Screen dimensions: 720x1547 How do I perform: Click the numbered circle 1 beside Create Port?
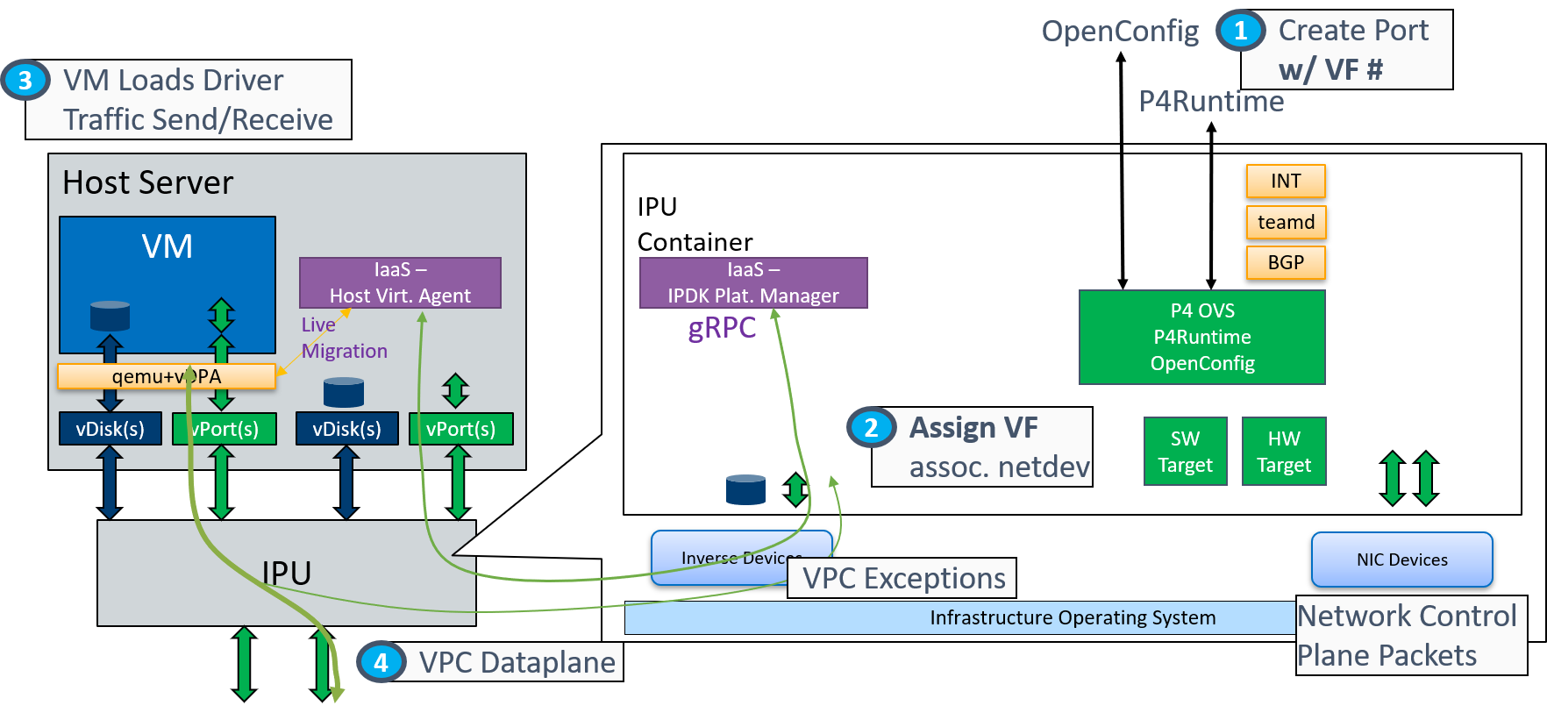click(1240, 32)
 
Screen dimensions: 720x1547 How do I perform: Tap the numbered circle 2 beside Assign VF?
click(871, 428)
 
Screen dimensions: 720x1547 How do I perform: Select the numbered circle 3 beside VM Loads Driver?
click(25, 81)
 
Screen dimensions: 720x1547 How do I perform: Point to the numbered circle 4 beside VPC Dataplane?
click(381, 662)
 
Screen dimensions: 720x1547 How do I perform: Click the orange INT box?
click(1286, 181)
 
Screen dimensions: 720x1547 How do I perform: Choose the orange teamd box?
click(1286, 222)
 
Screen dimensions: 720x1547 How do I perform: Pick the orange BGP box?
click(1286, 262)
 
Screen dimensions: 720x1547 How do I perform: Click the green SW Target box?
click(1185, 452)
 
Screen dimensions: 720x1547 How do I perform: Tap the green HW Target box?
click(1284, 452)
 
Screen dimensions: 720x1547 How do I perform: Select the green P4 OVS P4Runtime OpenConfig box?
click(1201, 337)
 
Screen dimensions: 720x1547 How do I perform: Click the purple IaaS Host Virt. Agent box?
click(400, 282)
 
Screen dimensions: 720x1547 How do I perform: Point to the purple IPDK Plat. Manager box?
click(752, 282)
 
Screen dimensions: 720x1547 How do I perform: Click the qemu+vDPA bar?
click(167, 376)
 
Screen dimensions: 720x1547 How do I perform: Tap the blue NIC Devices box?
click(1401, 560)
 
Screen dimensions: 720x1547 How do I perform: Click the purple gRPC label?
click(722, 327)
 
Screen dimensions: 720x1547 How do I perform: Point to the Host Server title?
click(147, 182)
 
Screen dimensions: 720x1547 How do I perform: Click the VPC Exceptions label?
click(903, 579)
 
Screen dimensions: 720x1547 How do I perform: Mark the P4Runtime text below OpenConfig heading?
click(1211, 102)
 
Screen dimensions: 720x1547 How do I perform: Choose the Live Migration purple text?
click(343, 338)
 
